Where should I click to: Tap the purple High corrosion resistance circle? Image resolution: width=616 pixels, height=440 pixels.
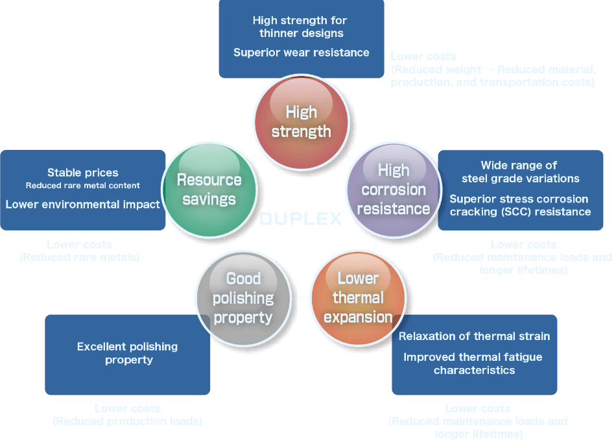(x=394, y=189)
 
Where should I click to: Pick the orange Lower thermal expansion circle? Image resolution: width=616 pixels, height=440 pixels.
(x=358, y=298)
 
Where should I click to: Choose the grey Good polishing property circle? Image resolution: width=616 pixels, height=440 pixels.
(x=243, y=298)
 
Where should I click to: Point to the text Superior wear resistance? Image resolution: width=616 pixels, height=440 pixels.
(x=301, y=53)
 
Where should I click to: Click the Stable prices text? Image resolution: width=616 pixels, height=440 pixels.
(x=83, y=173)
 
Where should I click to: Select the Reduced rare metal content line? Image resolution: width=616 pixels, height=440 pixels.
(x=83, y=186)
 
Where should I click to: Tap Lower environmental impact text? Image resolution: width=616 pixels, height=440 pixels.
(x=83, y=204)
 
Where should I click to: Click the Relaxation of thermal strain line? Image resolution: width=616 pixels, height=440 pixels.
(x=474, y=336)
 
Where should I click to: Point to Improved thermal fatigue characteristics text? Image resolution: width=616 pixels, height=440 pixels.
(x=474, y=363)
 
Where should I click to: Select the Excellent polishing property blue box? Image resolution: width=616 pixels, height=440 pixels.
(x=128, y=354)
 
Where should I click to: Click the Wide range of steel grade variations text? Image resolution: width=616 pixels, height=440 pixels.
(x=520, y=172)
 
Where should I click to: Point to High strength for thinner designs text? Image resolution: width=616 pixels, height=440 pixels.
(x=301, y=27)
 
